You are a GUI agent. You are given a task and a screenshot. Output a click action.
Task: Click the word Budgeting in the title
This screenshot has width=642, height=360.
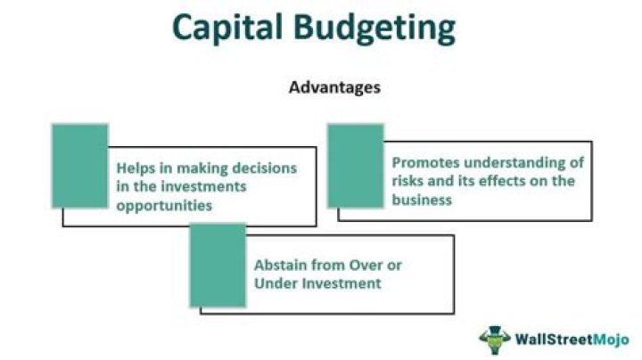(377, 29)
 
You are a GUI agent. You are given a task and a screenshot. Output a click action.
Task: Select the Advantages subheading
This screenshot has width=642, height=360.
(334, 88)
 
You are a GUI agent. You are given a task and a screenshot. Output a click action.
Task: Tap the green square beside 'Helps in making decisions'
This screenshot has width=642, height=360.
(79, 166)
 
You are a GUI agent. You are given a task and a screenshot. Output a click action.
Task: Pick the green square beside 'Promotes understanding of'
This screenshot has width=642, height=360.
(355, 166)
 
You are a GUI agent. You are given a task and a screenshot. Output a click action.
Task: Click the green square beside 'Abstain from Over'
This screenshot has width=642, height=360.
(218, 265)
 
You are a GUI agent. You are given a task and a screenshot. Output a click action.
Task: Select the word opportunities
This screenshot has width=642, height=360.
(158, 204)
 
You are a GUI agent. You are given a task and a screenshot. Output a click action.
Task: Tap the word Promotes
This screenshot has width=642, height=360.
(424, 163)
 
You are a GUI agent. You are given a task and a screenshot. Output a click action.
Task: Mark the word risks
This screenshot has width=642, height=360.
(408, 182)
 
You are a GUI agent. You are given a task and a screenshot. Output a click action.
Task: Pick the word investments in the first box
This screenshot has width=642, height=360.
(200, 185)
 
